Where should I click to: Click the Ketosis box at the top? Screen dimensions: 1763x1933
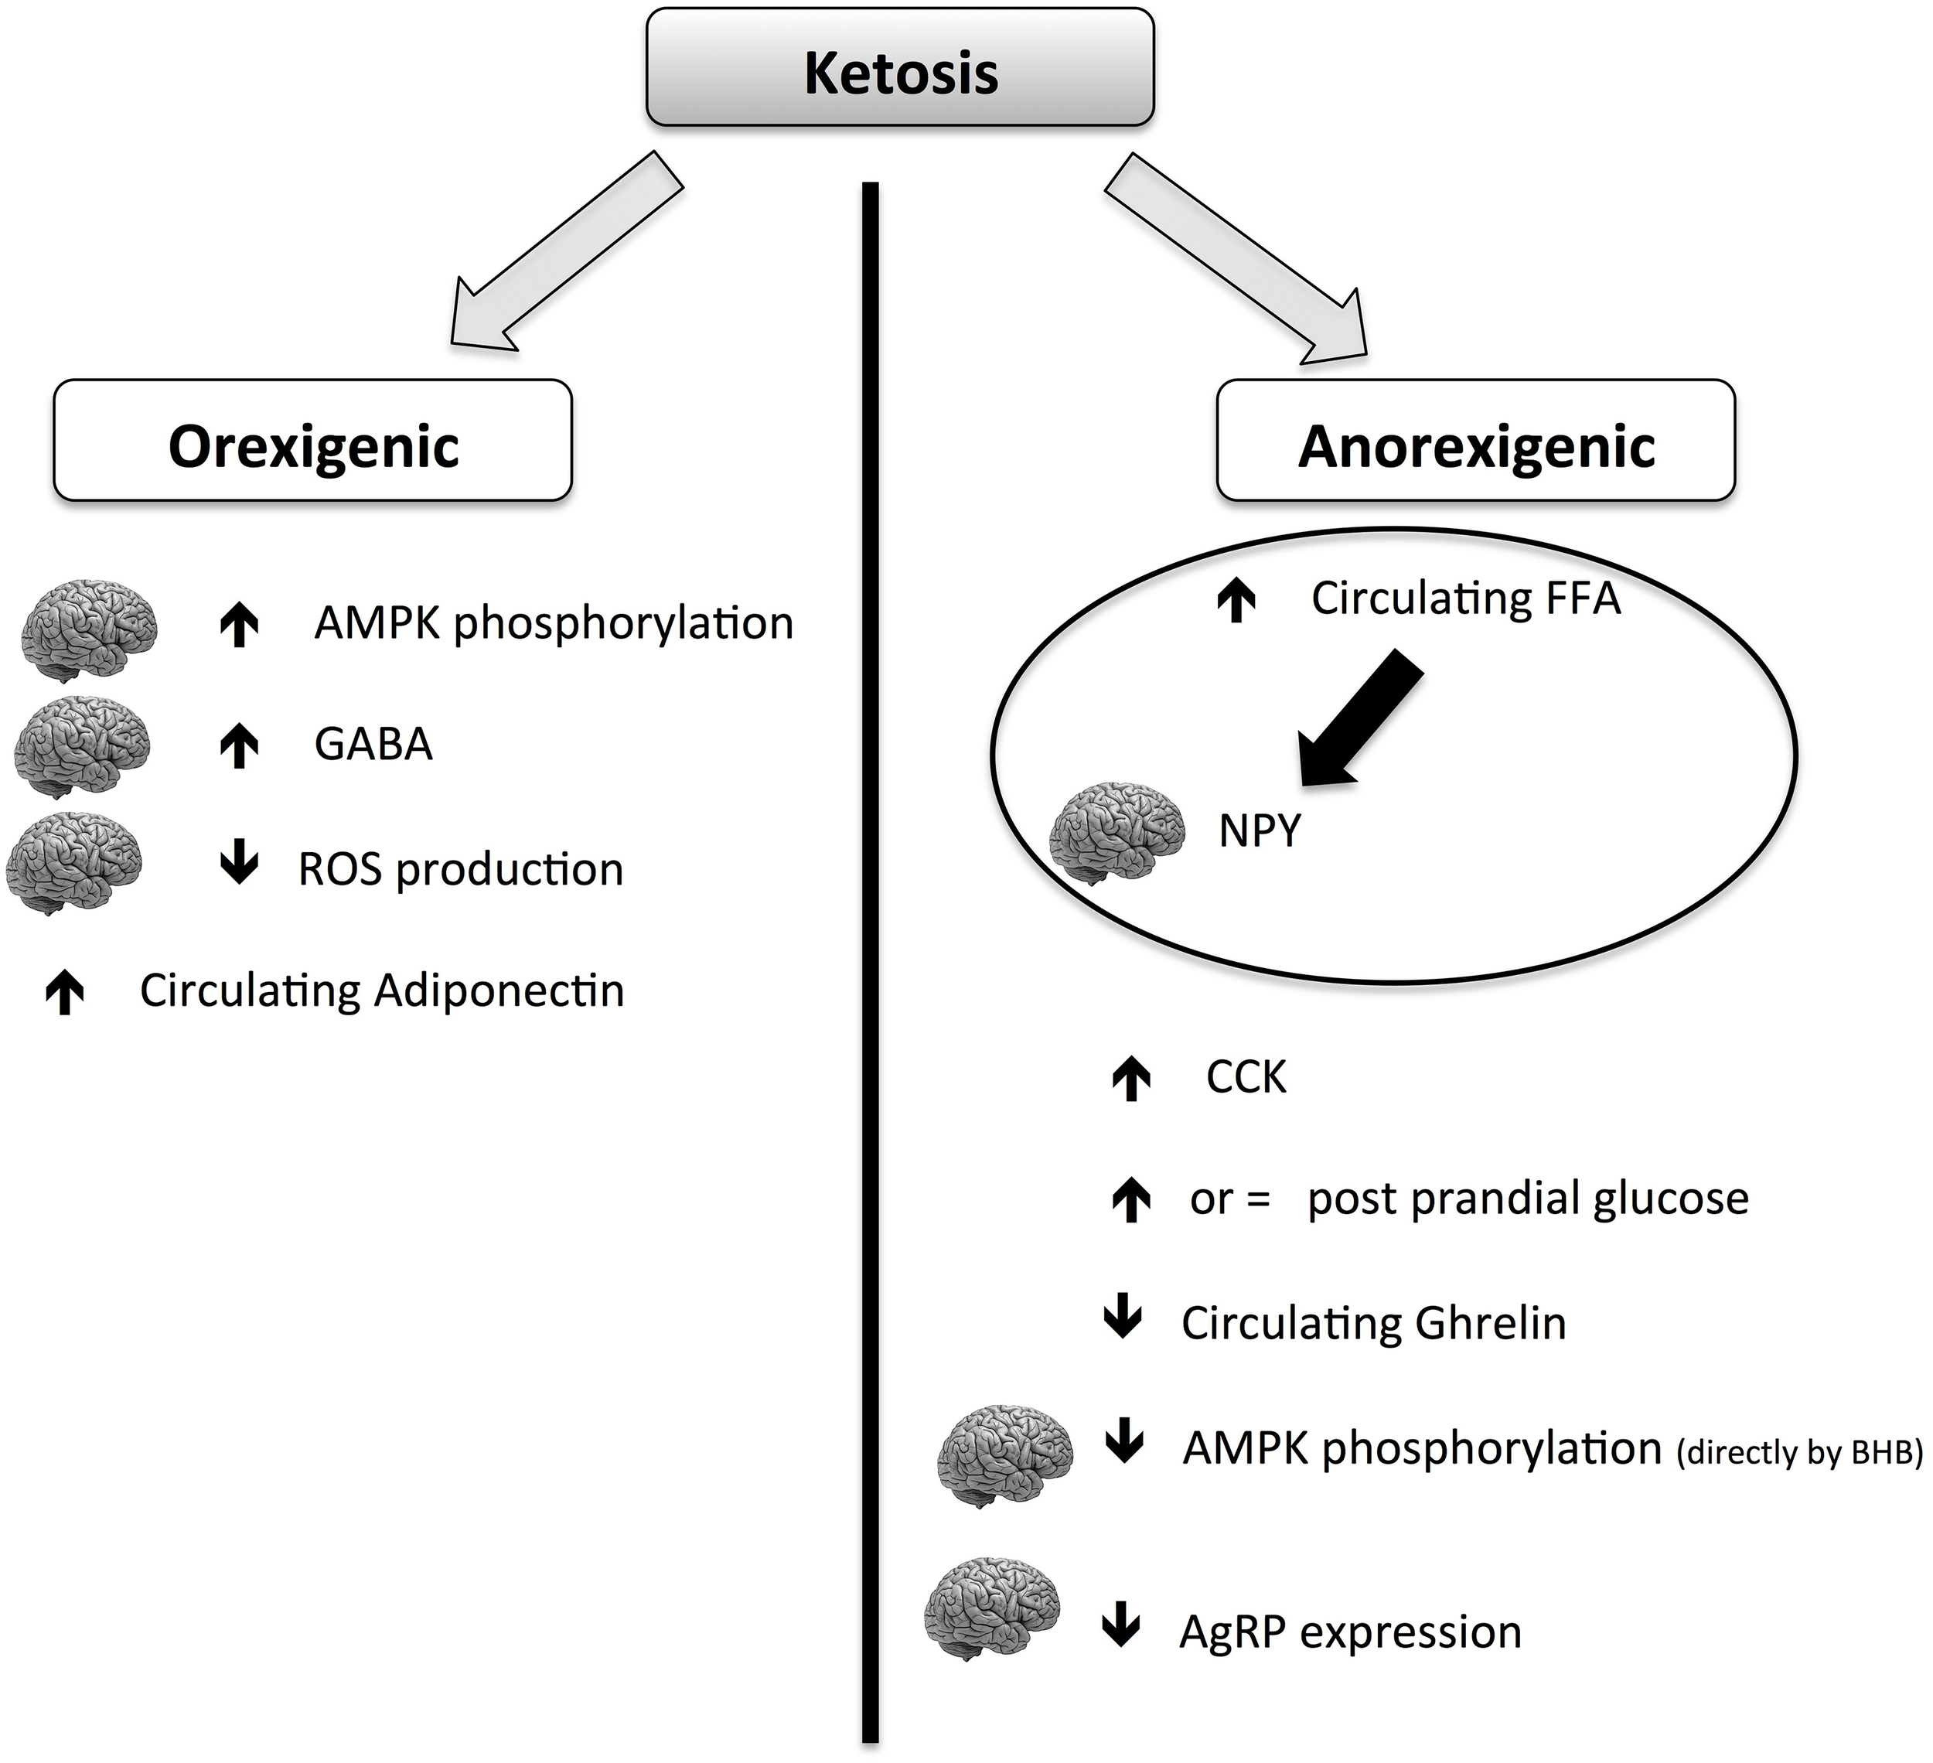coord(899,67)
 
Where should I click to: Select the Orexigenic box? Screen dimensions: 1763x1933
coord(312,441)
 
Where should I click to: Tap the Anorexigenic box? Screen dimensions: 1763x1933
coord(1475,441)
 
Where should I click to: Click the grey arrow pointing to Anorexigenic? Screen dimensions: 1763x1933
coord(1238,257)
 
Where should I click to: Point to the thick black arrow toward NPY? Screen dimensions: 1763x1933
coord(1358,720)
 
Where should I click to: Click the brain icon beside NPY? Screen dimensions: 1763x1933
coord(1116,830)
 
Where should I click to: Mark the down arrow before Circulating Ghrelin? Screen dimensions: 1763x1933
coord(1123,1319)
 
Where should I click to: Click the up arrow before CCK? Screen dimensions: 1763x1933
coord(1131,1078)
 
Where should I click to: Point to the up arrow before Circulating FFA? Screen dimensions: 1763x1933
coord(1237,600)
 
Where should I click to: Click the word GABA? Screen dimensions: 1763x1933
coord(373,745)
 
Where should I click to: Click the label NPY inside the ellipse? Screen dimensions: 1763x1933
coord(1260,830)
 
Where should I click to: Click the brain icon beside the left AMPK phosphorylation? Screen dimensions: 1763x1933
coord(89,629)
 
